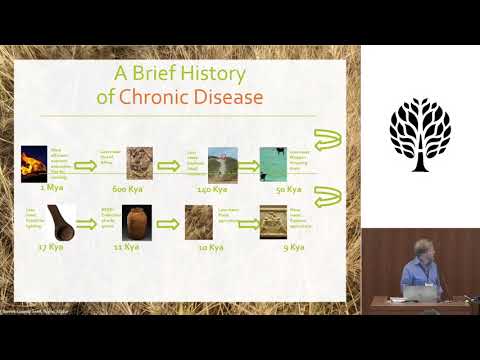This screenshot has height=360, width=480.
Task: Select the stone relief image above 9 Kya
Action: [273, 221]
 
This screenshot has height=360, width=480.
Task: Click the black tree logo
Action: [420, 134]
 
